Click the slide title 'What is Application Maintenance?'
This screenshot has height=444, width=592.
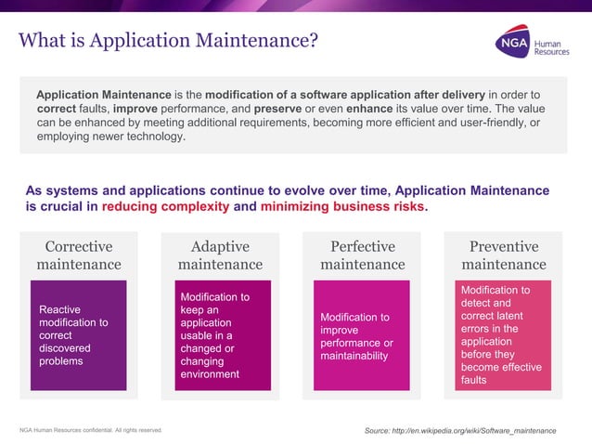[x=168, y=41]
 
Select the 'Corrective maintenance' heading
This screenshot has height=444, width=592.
[x=79, y=255]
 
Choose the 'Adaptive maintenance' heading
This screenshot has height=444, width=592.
[x=220, y=255]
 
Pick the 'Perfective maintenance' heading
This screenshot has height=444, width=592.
[x=363, y=255]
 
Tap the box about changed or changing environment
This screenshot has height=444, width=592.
[x=220, y=335]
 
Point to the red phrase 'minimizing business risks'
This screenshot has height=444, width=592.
[x=342, y=206]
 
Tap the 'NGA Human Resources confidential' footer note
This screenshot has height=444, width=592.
[x=91, y=430]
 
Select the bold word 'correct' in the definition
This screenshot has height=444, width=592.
[x=56, y=109]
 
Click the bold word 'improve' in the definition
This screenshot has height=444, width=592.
[x=135, y=109]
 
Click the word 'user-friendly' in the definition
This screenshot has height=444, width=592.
[x=494, y=123]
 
